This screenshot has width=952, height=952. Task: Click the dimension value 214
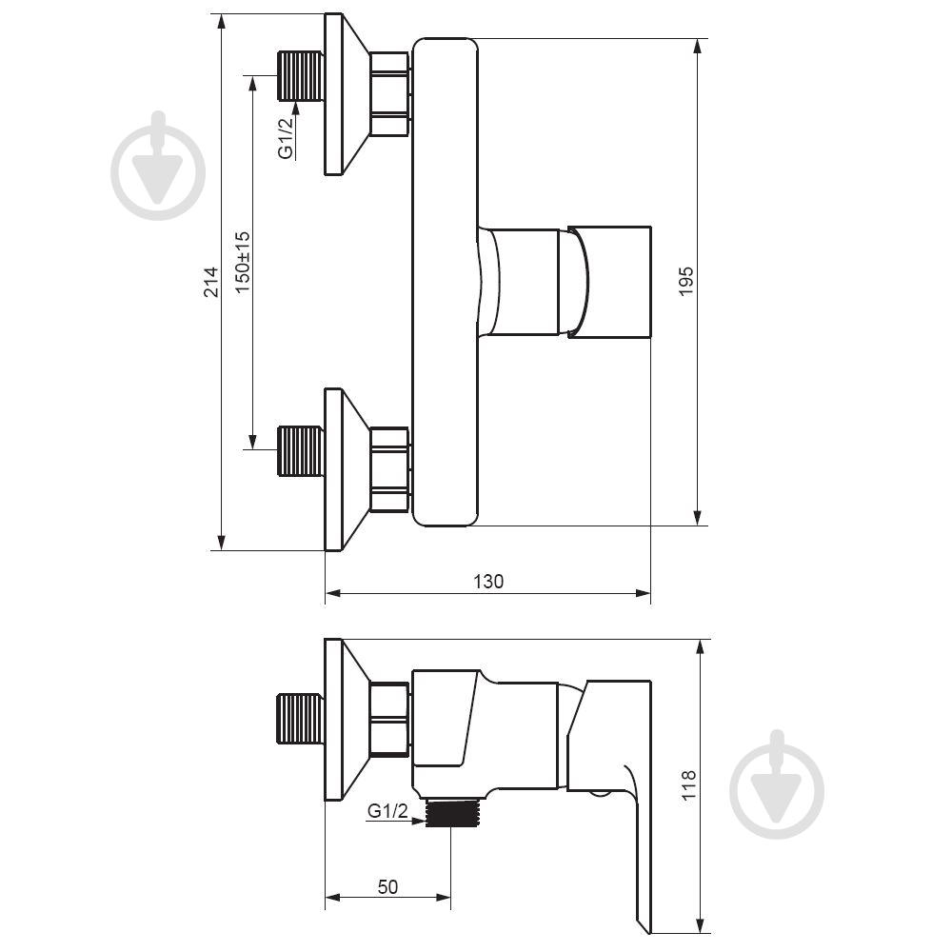point(210,282)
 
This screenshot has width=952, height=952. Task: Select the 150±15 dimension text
point(242,263)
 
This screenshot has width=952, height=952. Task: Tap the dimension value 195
point(686,281)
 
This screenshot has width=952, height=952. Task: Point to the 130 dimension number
point(488,582)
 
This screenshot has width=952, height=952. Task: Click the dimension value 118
point(688,785)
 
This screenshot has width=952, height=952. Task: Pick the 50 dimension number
point(388,887)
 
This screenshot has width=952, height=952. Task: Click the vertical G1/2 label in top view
point(286,138)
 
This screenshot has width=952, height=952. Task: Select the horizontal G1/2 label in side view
point(388,810)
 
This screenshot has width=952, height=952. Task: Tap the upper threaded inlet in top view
point(300,76)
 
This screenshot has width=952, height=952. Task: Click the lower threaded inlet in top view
point(300,451)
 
